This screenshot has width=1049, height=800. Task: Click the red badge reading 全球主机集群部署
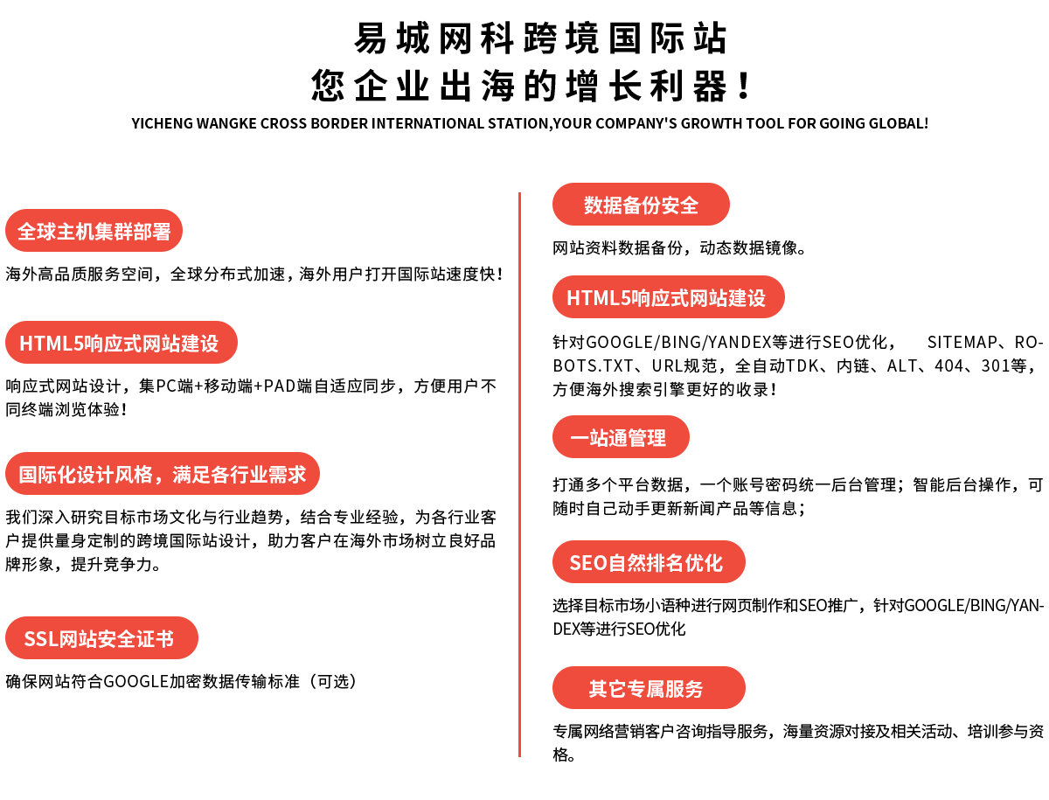94,230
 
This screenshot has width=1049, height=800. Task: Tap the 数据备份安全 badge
641,204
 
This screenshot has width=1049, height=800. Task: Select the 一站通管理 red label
621,437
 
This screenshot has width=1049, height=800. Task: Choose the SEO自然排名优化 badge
649,562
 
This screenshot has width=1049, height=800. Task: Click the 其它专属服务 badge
649,688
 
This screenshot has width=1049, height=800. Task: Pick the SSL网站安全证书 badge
101,638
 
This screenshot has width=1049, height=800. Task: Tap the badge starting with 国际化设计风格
162,474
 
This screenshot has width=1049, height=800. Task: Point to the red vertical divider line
519,475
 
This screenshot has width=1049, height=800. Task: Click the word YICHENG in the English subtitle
162,123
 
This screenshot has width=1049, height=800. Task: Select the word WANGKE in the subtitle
226,123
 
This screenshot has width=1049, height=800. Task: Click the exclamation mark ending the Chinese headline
744,86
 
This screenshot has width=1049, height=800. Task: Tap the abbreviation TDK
802,365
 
